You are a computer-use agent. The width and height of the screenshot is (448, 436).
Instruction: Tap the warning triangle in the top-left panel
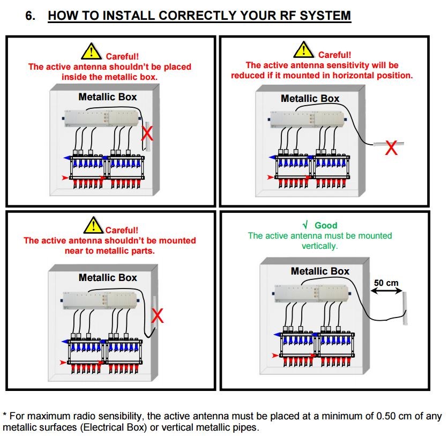click(x=92, y=51)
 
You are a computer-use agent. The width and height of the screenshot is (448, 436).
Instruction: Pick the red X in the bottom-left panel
click(x=157, y=316)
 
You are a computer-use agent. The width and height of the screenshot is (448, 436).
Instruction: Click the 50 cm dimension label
click(x=386, y=283)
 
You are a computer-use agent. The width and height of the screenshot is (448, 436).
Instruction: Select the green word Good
click(x=326, y=225)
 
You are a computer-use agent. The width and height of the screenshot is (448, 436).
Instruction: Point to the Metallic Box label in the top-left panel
click(x=108, y=97)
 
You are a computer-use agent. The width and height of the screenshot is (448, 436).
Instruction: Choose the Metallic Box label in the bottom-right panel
click(x=320, y=271)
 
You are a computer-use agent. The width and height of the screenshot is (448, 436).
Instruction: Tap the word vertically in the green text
click(x=319, y=246)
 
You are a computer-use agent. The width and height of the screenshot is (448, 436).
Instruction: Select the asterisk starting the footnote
click(x=5, y=415)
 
